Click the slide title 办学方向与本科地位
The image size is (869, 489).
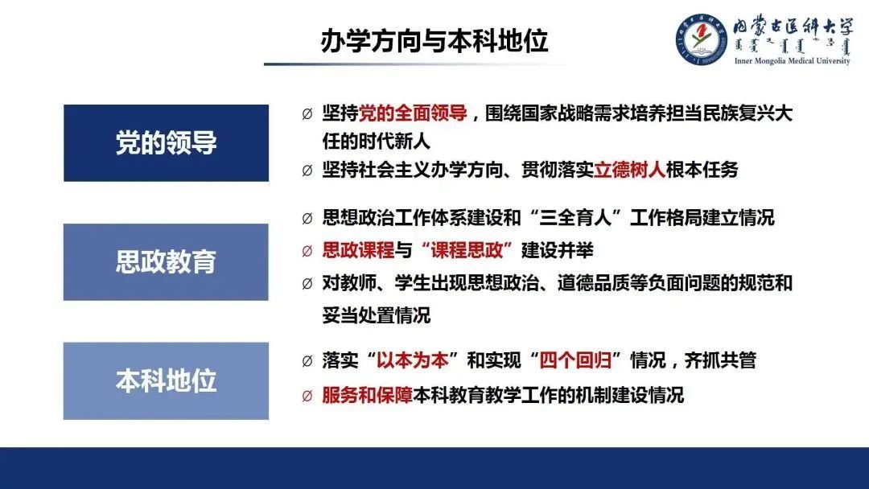[434, 40]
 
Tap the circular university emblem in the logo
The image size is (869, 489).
[701, 39]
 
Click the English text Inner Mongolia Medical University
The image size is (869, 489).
[792, 61]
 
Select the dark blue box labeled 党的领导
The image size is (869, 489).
[167, 143]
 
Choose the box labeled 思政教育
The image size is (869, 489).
[167, 262]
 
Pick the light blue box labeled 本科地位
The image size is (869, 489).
[167, 381]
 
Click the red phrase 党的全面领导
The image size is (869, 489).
[413, 113]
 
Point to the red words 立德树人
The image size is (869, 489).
[629, 170]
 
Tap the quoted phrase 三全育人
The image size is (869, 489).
[575, 218]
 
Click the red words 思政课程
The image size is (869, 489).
[358, 250]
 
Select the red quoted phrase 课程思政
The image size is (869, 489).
[467, 250]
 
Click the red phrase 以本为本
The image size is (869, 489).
[412, 360]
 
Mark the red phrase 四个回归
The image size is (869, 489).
[575, 360]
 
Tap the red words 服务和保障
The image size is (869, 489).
[367, 396]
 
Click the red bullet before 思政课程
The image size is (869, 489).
[307, 252]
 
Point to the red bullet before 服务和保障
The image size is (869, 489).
[307, 397]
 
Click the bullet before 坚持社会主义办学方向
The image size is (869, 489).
[307, 171]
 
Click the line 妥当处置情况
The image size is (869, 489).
[377, 315]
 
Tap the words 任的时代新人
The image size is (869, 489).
[377, 142]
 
